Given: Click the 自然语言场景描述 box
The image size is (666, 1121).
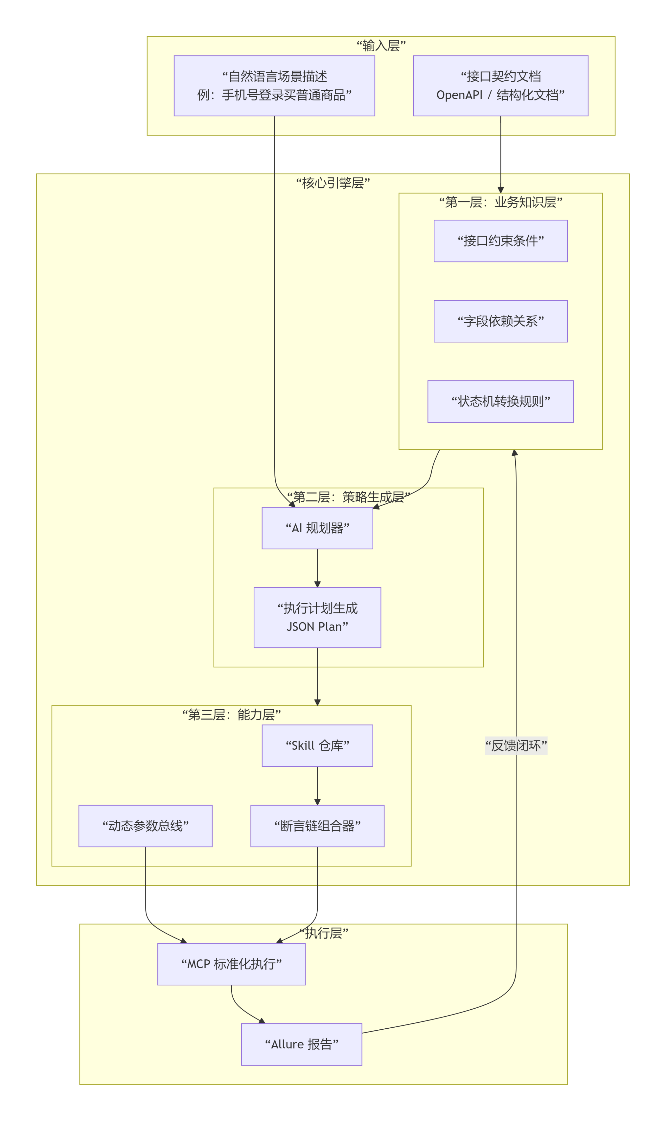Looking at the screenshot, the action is pos(274,86).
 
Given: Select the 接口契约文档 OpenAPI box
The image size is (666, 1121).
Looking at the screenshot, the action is pos(500,86).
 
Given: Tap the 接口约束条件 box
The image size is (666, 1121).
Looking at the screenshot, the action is pos(500,241).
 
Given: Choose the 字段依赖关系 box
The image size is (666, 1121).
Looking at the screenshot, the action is pos(500,321).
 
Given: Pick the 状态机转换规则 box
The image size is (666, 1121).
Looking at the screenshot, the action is pos(500,402).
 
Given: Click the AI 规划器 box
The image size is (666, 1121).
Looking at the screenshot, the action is pos(317,528).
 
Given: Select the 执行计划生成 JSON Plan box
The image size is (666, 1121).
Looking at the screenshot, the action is pos(317,617).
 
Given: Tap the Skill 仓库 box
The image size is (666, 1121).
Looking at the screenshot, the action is pos(317,746).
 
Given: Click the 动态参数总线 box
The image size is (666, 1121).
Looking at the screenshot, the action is pos(145,826).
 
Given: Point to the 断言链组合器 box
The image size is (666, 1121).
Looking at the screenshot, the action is pos(317,826).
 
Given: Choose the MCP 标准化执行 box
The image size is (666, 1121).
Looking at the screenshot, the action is pos(231,964).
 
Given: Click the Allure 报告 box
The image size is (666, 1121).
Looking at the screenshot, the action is pos(302,1045).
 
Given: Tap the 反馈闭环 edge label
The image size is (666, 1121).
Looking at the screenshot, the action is pos(516,746).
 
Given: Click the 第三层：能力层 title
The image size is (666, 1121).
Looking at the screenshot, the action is pos(232,715).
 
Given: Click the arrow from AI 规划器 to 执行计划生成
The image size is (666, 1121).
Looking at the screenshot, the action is pos(317,568).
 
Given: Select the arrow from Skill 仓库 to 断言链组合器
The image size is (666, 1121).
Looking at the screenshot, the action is pos(317,786).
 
